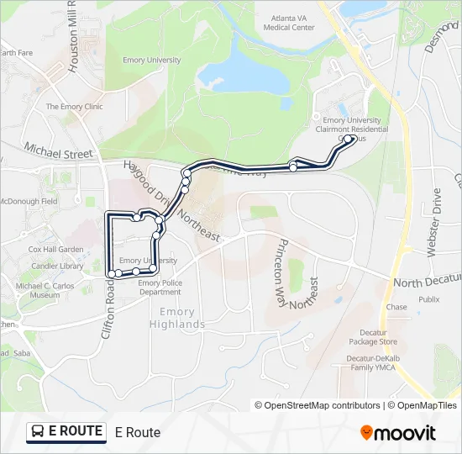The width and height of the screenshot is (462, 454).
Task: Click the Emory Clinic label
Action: pos(74,107)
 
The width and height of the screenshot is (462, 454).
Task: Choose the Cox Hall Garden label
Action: pos(56,250)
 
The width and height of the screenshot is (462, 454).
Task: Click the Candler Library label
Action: pos(58,266)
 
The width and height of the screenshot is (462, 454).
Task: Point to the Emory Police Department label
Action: pos(160,288)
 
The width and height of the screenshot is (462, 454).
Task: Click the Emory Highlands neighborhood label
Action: pos(177,319)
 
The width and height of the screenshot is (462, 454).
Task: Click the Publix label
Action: pos(428,298)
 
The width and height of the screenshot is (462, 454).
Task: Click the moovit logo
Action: pos(398,433)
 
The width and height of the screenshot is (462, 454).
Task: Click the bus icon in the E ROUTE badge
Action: pos(38,432)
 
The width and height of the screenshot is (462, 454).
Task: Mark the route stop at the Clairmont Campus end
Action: pos(349,140)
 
